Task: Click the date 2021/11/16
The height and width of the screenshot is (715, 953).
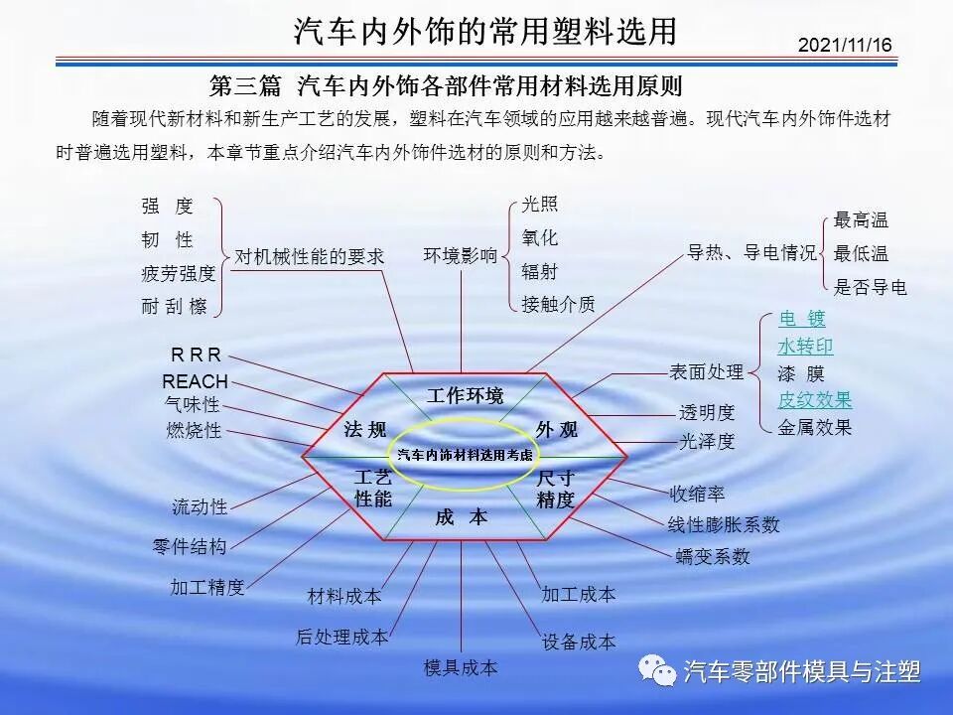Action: click(845, 46)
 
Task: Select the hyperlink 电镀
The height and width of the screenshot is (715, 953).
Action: click(802, 319)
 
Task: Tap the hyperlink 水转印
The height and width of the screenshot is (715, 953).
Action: click(805, 347)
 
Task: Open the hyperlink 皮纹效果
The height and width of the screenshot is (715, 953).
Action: click(815, 400)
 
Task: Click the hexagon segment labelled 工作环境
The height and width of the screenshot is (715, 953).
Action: click(465, 395)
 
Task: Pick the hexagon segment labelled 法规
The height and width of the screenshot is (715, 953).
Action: click(365, 429)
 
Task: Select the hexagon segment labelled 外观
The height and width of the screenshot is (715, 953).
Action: click(556, 429)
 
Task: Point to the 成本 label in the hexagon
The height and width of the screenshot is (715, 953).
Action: click(462, 517)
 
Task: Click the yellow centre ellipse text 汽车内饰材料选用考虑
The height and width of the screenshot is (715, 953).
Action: click(465, 455)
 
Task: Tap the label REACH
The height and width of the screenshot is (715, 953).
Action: click(196, 381)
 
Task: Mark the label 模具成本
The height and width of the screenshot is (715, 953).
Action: click(461, 667)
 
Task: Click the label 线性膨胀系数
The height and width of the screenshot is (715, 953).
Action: click(724, 524)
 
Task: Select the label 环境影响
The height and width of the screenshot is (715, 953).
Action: click(461, 255)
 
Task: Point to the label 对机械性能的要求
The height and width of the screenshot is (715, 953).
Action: click(309, 255)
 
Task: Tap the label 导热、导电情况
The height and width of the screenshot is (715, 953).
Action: click(752, 252)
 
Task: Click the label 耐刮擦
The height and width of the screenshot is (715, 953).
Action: click(175, 307)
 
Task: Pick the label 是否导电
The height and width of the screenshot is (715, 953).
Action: click(871, 288)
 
